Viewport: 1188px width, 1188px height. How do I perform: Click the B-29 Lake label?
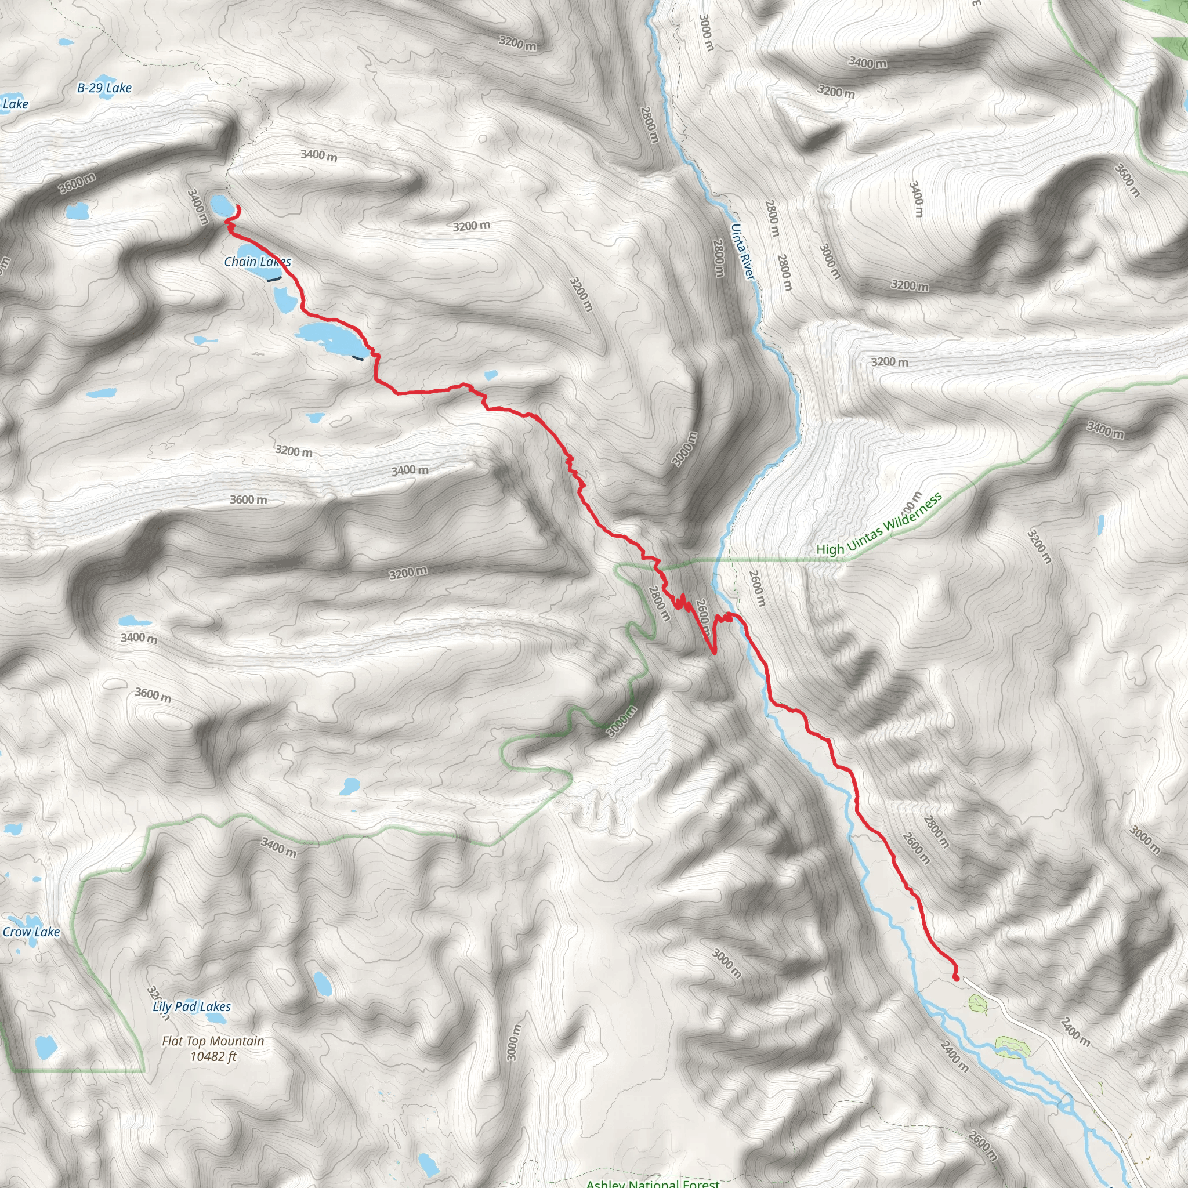pos(104,88)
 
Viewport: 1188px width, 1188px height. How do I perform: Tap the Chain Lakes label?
pos(257,262)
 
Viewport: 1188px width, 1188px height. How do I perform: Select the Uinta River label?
pos(742,252)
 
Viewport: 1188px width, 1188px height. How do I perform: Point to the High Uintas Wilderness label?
pos(879,524)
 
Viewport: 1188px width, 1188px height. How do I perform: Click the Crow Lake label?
pos(31,932)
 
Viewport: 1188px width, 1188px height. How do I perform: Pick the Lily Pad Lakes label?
pos(192,1006)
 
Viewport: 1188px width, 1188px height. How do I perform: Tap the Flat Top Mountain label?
pos(213,1041)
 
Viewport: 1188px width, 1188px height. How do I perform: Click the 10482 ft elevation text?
pos(213,1057)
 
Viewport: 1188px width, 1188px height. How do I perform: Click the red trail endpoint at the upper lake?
pos(237,209)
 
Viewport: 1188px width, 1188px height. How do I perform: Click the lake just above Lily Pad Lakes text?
pos(321,983)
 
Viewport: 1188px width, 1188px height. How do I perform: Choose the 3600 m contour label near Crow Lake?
pos(153,695)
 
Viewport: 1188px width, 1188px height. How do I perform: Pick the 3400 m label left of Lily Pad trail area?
pos(139,638)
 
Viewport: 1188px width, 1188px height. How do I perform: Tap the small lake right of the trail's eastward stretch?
pos(491,375)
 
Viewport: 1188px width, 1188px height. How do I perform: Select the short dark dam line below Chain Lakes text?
pos(274,279)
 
